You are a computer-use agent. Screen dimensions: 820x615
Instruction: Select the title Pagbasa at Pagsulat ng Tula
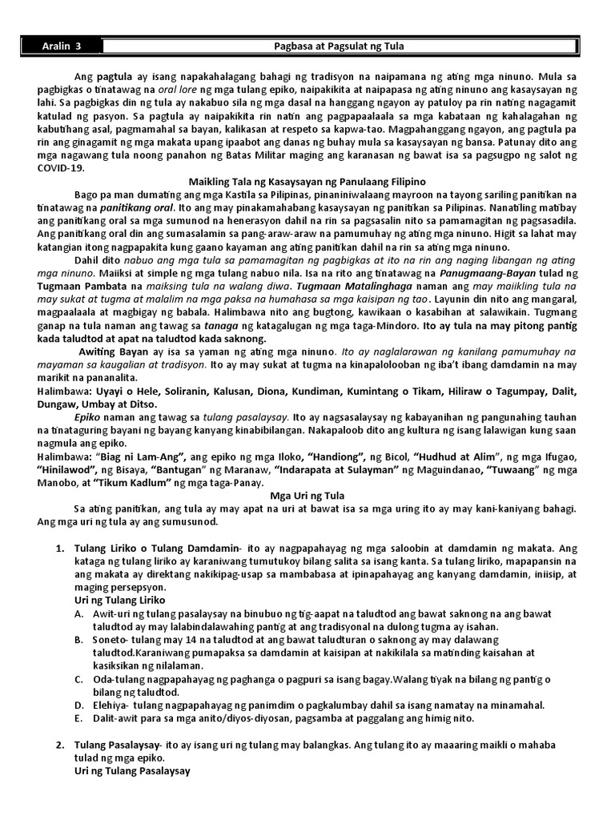coord(340,46)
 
